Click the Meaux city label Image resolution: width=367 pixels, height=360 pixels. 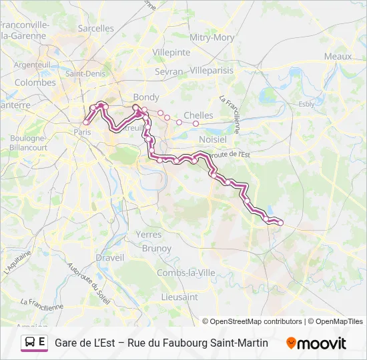coord(338,57)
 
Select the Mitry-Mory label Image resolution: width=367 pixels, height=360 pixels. coord(212,38)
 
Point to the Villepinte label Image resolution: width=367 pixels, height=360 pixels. coord(171,52)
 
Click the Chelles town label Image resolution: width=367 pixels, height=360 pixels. coord(198,115)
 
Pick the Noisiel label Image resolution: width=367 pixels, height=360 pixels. coord(212,139)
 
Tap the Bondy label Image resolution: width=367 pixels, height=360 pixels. coord(146,97)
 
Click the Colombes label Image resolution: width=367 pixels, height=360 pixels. coord(35,83)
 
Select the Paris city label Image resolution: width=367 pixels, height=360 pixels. coord(83,132)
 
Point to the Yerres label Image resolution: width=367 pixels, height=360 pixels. coord(148,235)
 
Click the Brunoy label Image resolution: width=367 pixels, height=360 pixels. coord(157,248)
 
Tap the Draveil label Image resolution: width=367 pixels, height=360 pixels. coord(110,257)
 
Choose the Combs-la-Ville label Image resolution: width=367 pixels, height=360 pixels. coord(186,273)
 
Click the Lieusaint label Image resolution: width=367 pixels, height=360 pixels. coord(179,297)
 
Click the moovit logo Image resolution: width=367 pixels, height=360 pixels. coord(316,343)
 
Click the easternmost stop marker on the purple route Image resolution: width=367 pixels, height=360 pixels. coord(280,223)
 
